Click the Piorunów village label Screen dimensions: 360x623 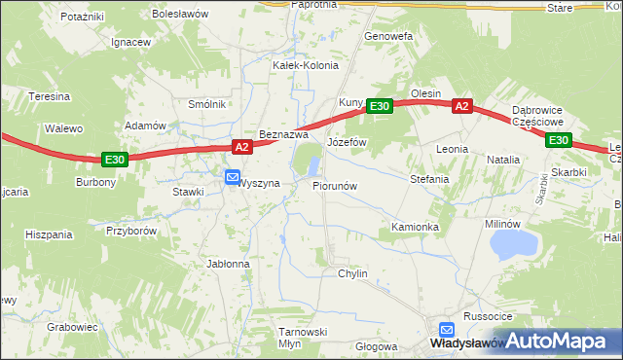click(336, 185)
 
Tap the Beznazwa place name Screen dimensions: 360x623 click(283, 134)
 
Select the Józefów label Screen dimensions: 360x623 click(347, 142)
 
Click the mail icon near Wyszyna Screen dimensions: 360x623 click(233, 177)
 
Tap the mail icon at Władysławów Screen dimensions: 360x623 click(447, 330)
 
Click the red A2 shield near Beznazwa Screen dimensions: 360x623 click(243, 147)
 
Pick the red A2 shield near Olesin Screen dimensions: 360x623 click(461, 107)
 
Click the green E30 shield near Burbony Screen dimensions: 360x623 click(115, 159)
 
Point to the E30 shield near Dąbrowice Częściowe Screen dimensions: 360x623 click(558, 140)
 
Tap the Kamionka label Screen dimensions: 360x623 click(416, 227)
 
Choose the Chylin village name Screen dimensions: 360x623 click(352, 273)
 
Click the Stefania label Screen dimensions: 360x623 click(429, 179)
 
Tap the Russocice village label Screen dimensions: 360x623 click(488, 316)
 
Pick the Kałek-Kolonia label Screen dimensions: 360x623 click(306, 65)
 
